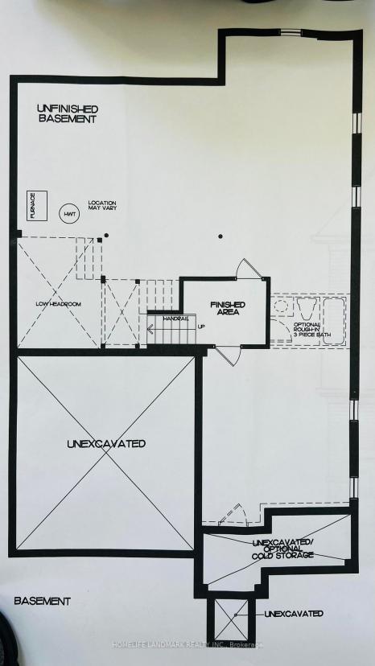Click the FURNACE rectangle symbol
[37, 206]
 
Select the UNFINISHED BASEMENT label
[68, 114]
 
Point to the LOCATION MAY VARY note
[102, 206]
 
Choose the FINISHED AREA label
[228, 308]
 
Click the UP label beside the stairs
[201, 327]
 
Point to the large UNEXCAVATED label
[106, 444]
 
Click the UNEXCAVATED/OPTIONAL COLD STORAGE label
[283, 549]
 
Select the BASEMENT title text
[42, 601]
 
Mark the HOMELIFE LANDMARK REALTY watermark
[187, 645]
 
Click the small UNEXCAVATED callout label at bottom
[294, 614]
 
